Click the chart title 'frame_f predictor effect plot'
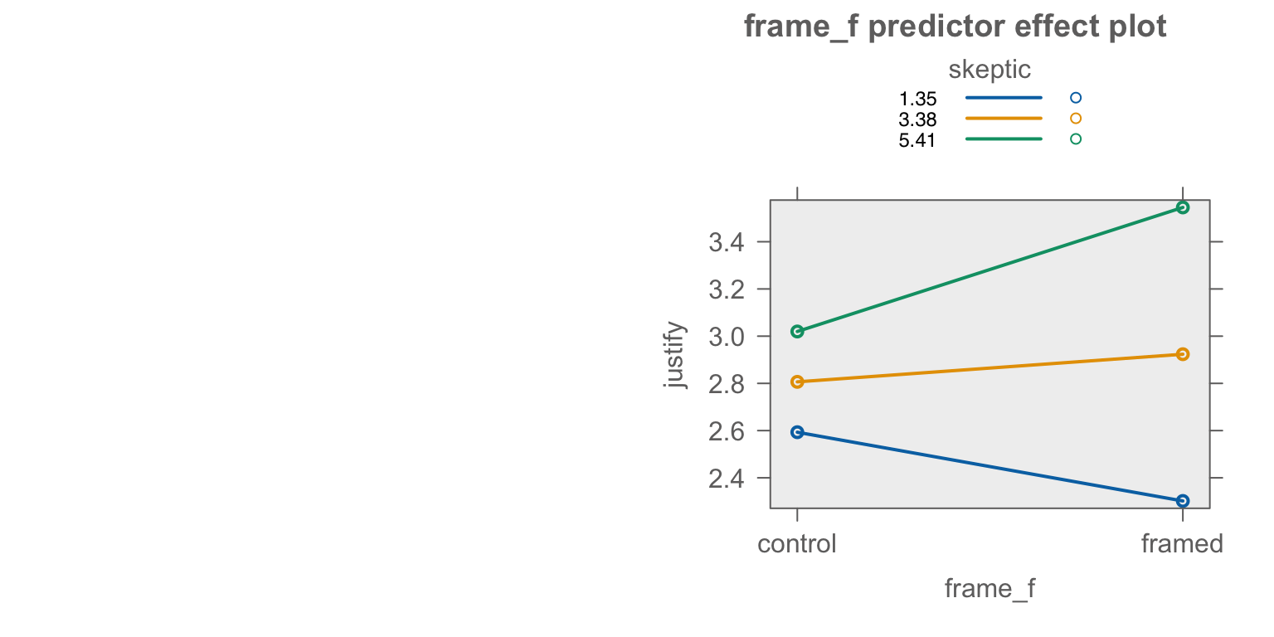click(955, 27)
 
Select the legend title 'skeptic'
click(989, 70)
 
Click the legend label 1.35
click(917, 99)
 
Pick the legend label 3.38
click(917, 119)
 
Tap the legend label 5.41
click(917, 140)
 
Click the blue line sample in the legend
click(1004, 98)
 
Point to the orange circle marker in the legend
click(1076, 119)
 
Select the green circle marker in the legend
click(1076, 139)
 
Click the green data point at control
click(797, 332)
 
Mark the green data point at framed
click(1183, 207)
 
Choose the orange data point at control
click(797, 382)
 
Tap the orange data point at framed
click(1183, 354)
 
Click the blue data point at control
click(797, 432)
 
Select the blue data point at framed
click(1183, 501)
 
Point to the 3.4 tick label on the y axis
click(727, 243)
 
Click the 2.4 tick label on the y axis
click(727, 479)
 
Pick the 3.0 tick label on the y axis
click(727, 338)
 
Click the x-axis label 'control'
click(797, 544)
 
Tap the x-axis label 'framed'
click(1183, 544)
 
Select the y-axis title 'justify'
click(675, 355)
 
